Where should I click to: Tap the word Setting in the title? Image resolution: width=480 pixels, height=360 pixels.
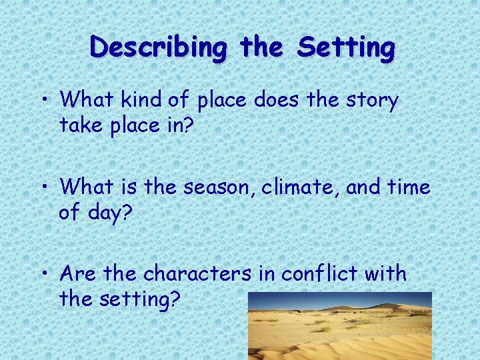pos(346,48)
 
